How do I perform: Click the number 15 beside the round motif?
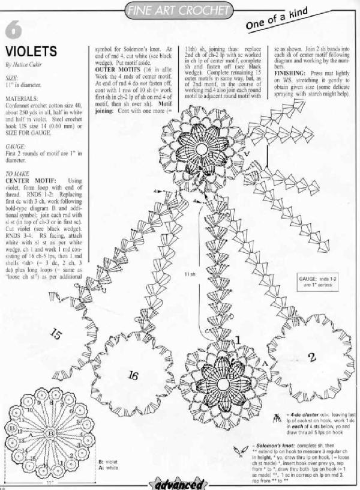[57, 332]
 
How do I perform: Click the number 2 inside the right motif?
[312, 358]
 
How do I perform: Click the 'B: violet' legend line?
[107, 461]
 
